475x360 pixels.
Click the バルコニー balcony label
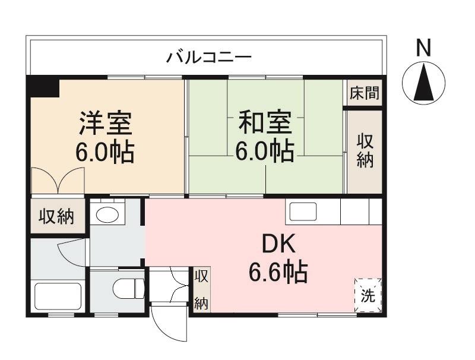click(x=209, y=57)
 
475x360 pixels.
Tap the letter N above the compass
click(x=423, y=48)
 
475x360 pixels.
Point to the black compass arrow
click(x=424, y=83)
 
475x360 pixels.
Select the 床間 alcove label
click(x=364, y=93)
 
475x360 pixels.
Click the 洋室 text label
click(x=106, y=124)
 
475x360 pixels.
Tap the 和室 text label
click(x=265, y=122)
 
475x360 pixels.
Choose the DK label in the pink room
click(x=278, y=245)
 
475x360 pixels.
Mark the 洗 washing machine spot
click(x=368, y=295)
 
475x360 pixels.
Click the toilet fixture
click(x=128, y=288)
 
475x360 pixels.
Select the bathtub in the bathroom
click(x=58, y=296)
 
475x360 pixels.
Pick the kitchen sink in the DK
click(x=303, y=211)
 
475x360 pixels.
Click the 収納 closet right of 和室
click(x=365, y=151)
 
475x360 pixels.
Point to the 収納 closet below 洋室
click(x=56, y=216)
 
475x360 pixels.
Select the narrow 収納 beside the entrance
click(x=201, y=289)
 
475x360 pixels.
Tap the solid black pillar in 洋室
click(x=43, y=87)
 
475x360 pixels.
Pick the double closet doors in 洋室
click(x=58, y=180)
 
